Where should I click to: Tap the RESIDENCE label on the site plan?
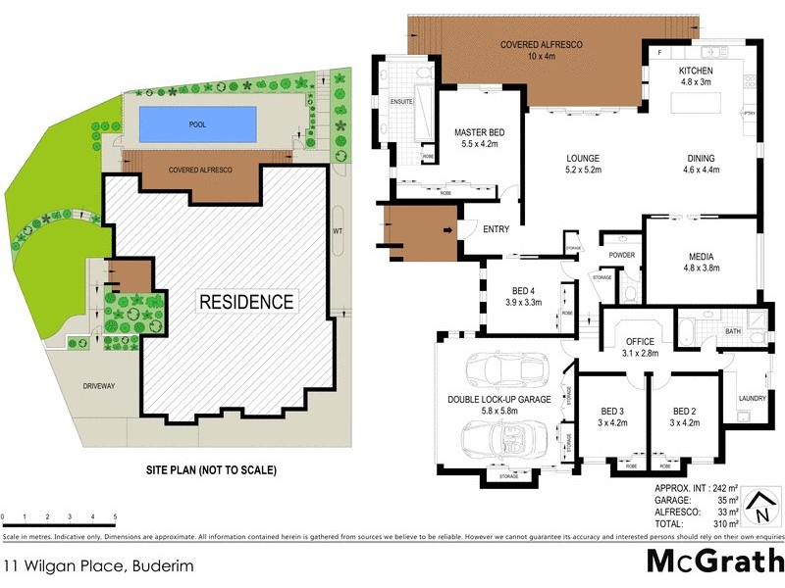pyautogui.click(x=246, y=302)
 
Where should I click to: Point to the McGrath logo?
pyautogui.click(x=713, y=562)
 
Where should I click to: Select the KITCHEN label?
pyautogui.click(x=703, y=72)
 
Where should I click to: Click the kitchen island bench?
pyautogui.click(x=706, y=102)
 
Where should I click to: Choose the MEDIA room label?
pyautogui.click(x=702, y=258)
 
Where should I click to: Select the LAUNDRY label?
pyautogui.click(x=752, y=398)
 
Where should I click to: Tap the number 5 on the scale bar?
pyautogui.click(x=116, y=516)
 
